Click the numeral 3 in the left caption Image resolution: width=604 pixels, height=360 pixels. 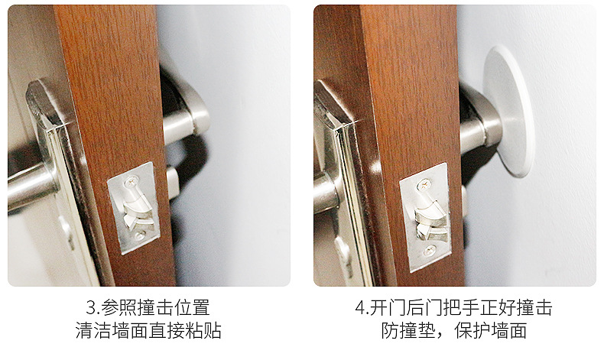89,309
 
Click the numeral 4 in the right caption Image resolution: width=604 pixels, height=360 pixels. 360,309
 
